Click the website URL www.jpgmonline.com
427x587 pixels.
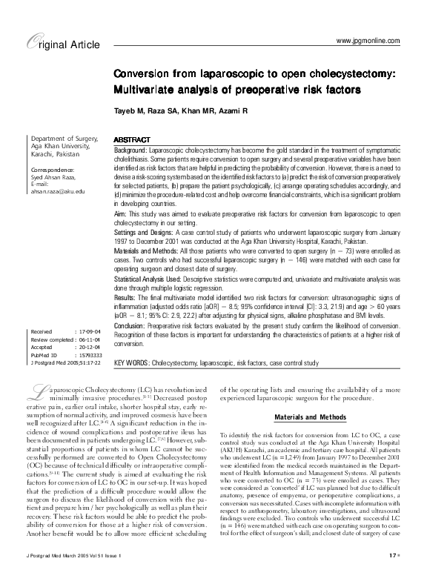pyautogui.click(x=368, y=39)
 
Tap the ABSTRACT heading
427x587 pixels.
pyautogui.click(x=131, y=140)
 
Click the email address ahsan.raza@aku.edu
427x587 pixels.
pyautogui.click(x=56, y=191)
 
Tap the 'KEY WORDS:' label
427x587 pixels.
pyautogui.click(x=130, y=364)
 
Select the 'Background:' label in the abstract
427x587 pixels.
pyautogui.click(x=130, y=150)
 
